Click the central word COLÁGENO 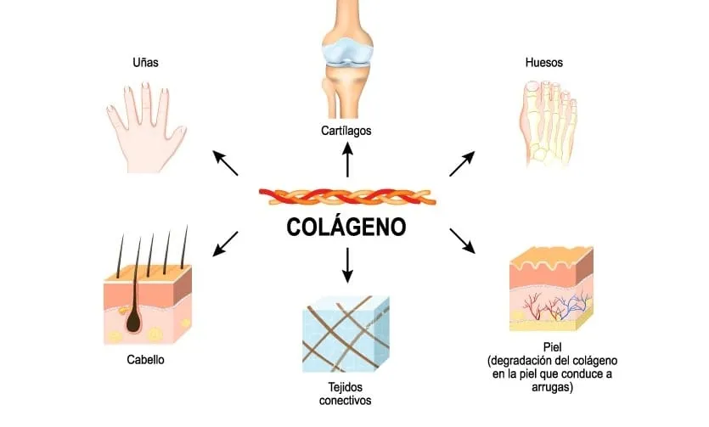[346, 228]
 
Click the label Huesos [543, 62]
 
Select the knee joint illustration [346, 59]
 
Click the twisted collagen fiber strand [346, 197]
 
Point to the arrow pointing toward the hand [225, 162]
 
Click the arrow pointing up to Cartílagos [346, 160]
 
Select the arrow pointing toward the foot [462, 163]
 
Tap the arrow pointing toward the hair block [225, 243]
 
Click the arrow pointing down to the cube [346, 265]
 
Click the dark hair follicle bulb [134, 319]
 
